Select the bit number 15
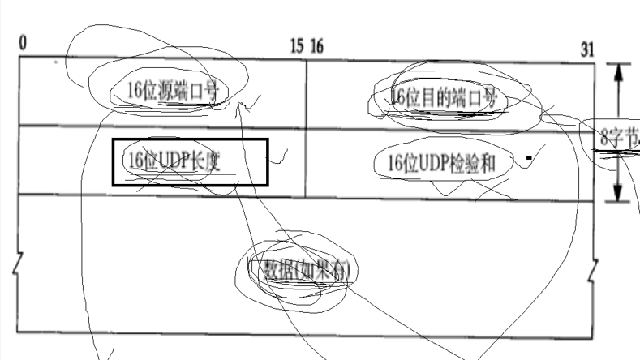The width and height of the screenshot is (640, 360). click(x=298, y=45)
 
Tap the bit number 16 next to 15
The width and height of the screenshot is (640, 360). click(x=316, y=45)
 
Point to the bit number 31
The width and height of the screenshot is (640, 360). click(x=587, y=49)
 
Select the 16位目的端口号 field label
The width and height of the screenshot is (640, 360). click(x=443, y=98)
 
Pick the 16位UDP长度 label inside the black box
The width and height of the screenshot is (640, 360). click(x=174, y=161)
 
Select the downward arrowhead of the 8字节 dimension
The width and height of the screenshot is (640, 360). click(x=618, y=195)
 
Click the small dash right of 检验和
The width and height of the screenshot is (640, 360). click(x=528, y=156)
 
